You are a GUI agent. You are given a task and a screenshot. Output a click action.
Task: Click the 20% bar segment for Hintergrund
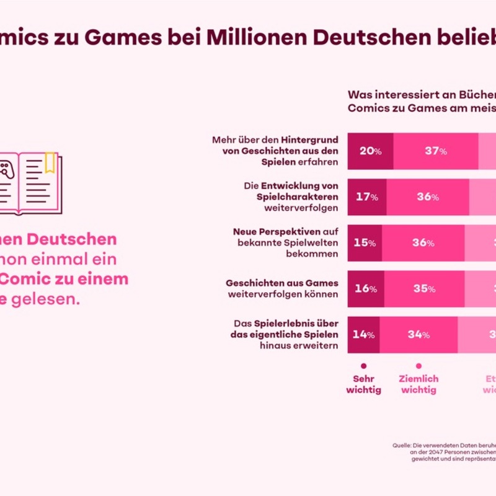370,151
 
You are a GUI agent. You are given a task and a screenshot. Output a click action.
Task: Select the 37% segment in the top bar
436,151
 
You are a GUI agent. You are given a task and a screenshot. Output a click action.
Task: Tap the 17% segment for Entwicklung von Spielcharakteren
366,197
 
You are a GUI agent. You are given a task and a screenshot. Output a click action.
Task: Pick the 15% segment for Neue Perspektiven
365,243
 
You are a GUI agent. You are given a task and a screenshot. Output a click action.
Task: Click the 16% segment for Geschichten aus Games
365,289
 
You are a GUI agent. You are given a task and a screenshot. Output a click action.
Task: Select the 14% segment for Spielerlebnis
364,335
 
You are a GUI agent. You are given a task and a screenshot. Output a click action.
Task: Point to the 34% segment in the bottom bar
418,335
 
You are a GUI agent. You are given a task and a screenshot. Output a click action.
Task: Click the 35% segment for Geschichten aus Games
423,289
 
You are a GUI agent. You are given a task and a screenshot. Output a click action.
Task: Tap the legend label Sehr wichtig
363,384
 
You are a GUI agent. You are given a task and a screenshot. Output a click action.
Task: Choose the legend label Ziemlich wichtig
419,384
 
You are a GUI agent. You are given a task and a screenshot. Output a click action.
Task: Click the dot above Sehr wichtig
363,366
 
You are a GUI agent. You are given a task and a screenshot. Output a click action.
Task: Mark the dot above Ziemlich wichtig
419,366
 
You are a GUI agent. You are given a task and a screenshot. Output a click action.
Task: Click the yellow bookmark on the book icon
49,163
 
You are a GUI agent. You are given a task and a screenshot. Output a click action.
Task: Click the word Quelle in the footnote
403,445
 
